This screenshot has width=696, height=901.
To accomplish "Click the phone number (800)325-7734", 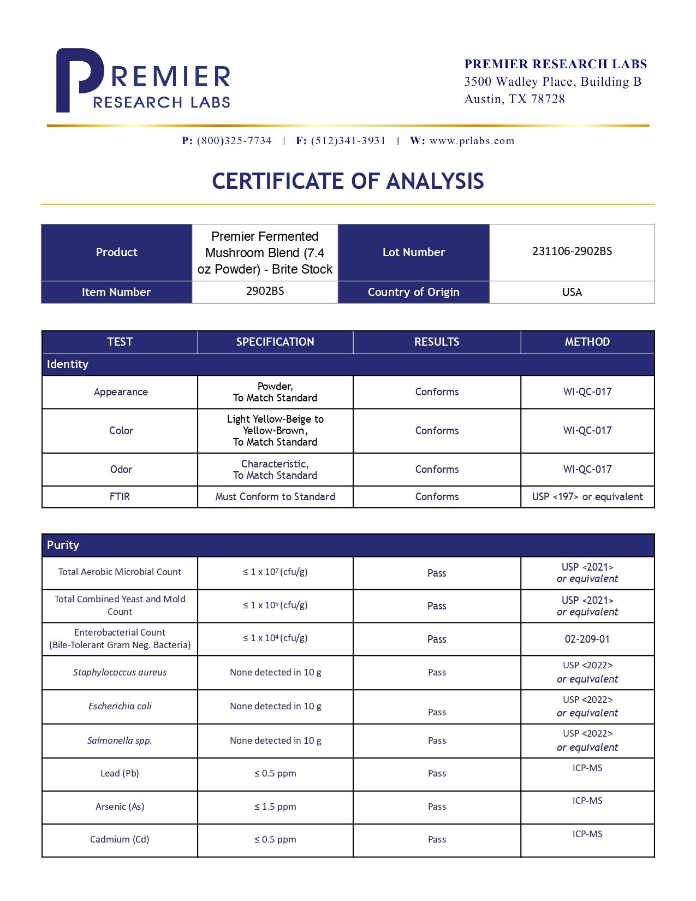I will pos(234,141).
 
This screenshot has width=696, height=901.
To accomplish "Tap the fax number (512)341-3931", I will pos(348,141).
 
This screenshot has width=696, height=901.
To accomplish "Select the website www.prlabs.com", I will pos(472,141).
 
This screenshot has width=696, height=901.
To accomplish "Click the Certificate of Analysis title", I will pos(348,181).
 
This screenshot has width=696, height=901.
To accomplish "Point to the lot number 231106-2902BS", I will pos(572,251).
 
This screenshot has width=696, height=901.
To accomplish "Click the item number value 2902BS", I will pos(265,291).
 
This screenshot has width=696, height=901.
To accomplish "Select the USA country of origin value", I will pos(572,292).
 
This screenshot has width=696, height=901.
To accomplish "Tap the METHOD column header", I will pos(587,342).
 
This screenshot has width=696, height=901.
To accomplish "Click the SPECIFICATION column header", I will pos(275,342).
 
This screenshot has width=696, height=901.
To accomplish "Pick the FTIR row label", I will pos(120,496).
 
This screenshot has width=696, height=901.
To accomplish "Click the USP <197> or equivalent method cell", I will pos(587,496).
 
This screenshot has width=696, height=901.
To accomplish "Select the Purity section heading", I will pos(63,545).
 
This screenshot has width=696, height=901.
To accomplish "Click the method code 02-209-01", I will pos(587,639).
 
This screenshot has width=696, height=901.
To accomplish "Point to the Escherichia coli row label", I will pos(120,706).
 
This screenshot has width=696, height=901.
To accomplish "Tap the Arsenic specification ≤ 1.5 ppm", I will pos(275,807).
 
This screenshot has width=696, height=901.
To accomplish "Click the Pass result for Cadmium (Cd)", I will pos(437,839).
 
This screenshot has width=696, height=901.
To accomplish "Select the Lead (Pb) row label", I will pos(120,773).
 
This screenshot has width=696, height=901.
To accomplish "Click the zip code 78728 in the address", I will pos(548,99).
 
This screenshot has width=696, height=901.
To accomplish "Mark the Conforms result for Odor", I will pos(437,469).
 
